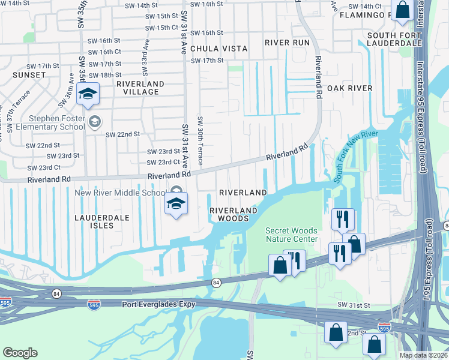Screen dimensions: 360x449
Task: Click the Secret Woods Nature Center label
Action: [x=292, y=235]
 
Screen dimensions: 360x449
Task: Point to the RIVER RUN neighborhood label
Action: [x=288, y=43]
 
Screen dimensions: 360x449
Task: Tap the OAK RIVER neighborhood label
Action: [x=350, y=88]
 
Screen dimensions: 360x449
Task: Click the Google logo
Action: [x=20, y=353]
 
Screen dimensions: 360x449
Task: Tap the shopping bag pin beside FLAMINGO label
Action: [x=402, y=11]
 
